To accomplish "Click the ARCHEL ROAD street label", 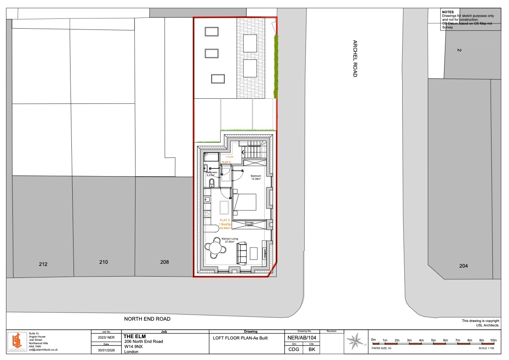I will pos(355,59).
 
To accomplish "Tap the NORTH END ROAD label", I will pos(147,319).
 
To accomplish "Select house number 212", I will pos(43,264).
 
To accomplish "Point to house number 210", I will pos(103,262).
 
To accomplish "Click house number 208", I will pos(165,262).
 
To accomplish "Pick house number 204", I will pos(463,266).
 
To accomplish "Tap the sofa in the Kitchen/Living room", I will pos(241,252).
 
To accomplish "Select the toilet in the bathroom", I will pos(212,183).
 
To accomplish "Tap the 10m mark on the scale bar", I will pos(493,340).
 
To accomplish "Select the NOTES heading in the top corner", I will pos(447,12).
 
